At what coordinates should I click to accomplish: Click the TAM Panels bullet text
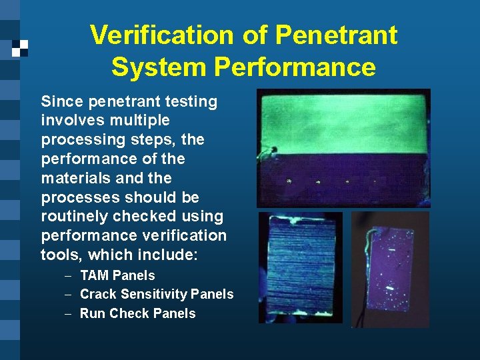point(117,275)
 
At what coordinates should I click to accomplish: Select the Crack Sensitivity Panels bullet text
point(157,294)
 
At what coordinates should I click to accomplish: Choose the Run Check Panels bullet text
point(137,313)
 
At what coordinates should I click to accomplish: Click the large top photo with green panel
point(343,148)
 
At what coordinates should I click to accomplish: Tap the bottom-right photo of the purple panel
point(390,269)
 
